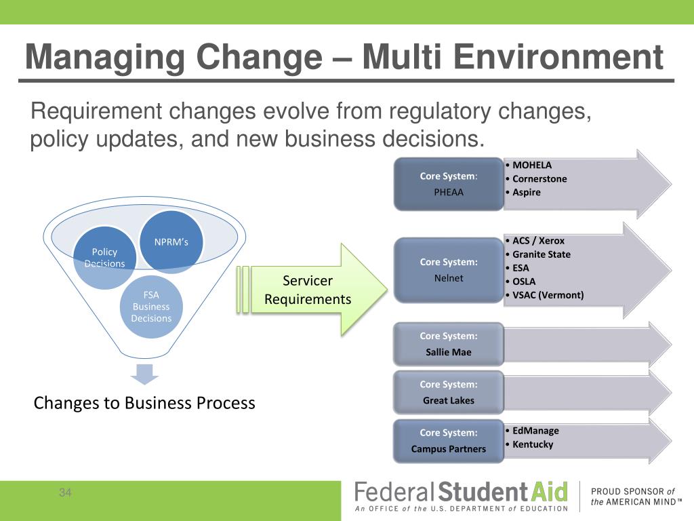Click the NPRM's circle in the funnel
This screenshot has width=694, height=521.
[172, 242]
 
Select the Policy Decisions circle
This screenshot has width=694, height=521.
[104, 257]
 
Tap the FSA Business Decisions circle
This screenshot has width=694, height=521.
[151, 307]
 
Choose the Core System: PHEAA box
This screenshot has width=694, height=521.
[449, 184]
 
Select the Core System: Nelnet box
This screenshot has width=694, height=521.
[449, 270]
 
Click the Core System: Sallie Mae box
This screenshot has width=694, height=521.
[449, 344]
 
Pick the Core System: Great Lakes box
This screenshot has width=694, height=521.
[449, 392]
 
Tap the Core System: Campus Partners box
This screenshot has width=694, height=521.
[449, 441]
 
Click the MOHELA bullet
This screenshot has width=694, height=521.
[532, 165]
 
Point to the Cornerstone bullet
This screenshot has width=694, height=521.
[539, 179]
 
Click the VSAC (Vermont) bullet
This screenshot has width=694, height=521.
[548, 295]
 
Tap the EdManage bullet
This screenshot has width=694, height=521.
[535, 431]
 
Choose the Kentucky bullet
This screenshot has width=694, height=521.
[533, 444]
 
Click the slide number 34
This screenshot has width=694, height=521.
[65, 493]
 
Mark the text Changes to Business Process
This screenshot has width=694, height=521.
[144, 403]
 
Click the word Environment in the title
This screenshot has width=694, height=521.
[558, 57]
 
